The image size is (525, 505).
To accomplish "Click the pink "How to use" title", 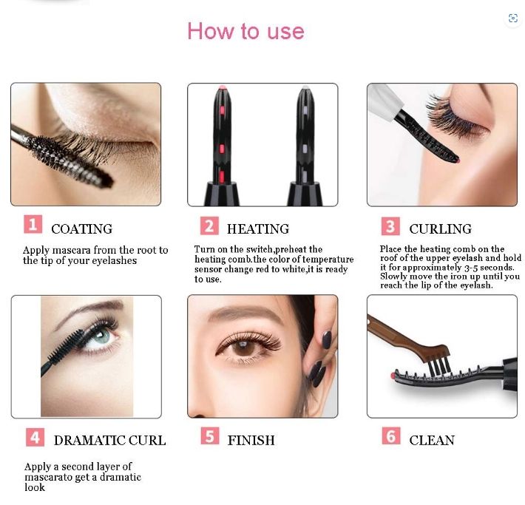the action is coord(245,31).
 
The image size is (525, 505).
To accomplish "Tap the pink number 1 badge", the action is coord(33,224).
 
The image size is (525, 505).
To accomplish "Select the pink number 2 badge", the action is coord(209,226).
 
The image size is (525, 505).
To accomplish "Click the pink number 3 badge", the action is coord(390,226).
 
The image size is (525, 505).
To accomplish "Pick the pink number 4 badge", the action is coord(35,438).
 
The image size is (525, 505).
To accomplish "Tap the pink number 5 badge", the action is coord(210,436).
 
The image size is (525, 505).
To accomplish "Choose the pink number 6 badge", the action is coord(391,435).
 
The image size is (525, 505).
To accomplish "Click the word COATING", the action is coord(81,229).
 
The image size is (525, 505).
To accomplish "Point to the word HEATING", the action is coord(258,229).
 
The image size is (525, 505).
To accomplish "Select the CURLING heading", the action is coord(440,229).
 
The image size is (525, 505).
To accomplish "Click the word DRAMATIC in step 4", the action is coord(89,441).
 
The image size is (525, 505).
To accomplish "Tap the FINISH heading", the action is coord(251,441).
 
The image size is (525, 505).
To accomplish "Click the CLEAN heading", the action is coord(432,441).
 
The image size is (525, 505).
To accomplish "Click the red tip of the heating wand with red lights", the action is coord(222,89).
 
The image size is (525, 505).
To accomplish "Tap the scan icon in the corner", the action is coord(512,18).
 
